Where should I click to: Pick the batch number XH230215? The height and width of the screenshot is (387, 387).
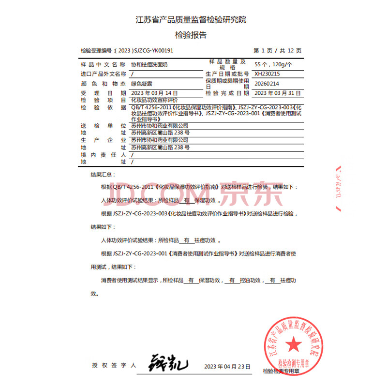[268, 74]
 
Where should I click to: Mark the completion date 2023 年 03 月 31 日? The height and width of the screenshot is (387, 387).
[278, 93]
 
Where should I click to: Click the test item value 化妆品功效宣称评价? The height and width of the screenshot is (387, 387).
[155, 100]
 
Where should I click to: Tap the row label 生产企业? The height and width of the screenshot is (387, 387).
[103, 140]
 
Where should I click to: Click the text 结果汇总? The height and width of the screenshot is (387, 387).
[103, 175]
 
